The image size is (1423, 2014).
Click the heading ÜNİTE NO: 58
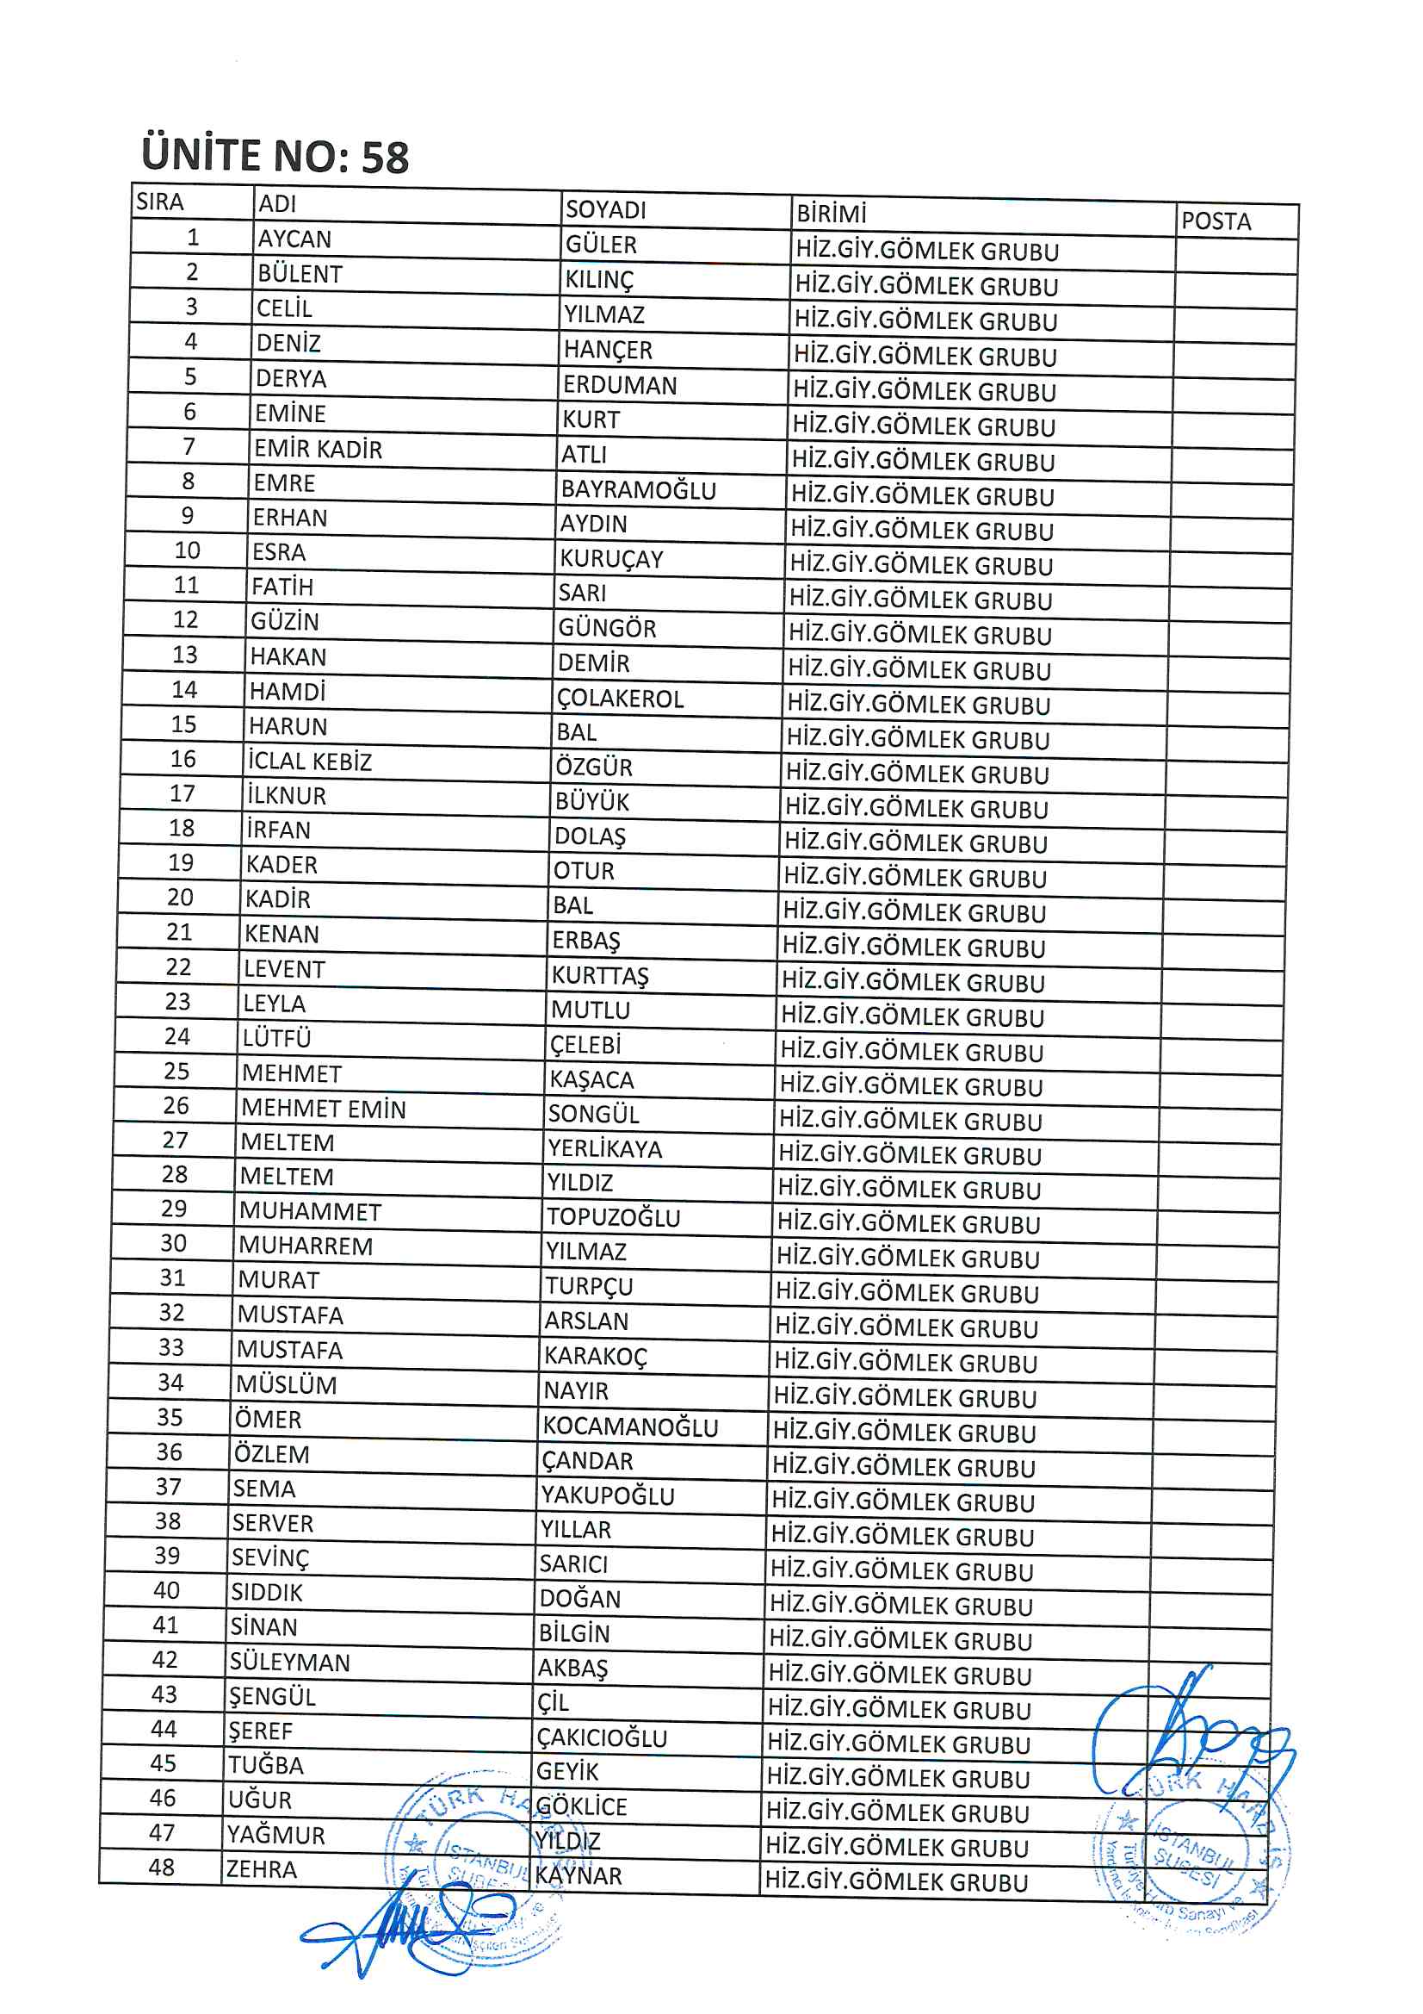(275, 156)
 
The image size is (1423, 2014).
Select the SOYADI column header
(605, 209)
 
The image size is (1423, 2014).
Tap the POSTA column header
(1216, 221)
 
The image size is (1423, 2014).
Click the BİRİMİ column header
(831, 213)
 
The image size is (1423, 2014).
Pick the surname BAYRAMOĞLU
(638, 489)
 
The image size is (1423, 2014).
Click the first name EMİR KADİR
(319, 449)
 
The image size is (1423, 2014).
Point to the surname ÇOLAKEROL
(620, 699)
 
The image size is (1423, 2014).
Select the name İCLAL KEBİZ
(310, 761)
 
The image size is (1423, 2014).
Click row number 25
(176, 1071)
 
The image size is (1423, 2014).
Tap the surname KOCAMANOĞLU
(630, 1427)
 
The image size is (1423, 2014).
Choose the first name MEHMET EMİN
(324, 1109)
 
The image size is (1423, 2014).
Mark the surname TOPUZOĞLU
(614, 1217)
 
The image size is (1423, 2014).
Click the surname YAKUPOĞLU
(608, 1495)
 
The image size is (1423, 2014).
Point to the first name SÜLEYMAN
(289, 1663)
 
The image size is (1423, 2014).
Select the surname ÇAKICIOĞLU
(603, 1737)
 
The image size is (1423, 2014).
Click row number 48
(161, 1868)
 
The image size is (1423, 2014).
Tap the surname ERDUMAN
(620, 385)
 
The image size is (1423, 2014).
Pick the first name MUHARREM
(305, 1246)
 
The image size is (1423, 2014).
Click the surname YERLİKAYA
(605, 1148)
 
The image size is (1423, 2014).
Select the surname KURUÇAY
(611, 559)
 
